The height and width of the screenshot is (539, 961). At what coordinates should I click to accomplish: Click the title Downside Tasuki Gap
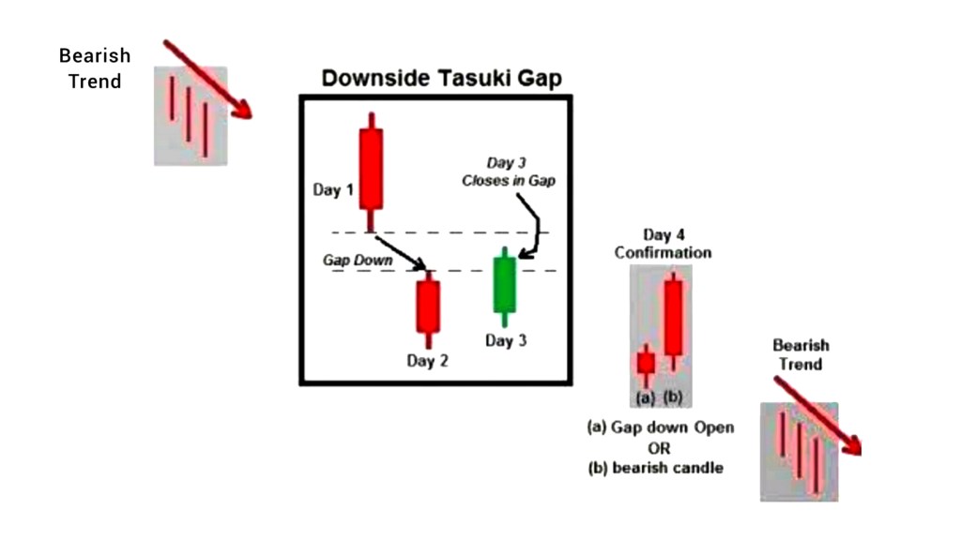(441, 77)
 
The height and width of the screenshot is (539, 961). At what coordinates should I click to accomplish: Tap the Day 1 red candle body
(372, 168)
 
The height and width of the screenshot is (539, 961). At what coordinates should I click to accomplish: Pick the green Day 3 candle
(505, 284)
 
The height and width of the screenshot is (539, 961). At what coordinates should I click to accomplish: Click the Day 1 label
(333, 190)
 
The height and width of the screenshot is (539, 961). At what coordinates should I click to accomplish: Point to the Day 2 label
(427, 361)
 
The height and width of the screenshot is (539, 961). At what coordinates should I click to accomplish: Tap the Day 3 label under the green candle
(506, 340)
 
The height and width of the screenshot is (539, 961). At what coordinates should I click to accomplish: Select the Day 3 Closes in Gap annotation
(508, 172)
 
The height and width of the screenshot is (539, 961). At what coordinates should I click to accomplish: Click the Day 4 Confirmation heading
(663, 244)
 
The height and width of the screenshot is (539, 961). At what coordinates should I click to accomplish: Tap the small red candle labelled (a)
(646, 363)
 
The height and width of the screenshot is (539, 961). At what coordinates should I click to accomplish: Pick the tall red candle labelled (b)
(673, 317)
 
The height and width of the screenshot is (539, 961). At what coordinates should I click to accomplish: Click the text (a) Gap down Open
(661, 427)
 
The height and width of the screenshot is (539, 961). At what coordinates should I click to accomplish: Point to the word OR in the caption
(660, 447)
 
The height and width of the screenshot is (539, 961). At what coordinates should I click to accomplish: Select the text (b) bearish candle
(656, 467)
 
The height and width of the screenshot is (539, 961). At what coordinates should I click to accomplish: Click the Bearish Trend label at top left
(94, 68)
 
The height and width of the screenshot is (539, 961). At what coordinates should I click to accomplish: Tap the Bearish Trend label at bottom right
(801, 355)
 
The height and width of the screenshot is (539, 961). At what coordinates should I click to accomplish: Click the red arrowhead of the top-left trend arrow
(243, 110)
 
